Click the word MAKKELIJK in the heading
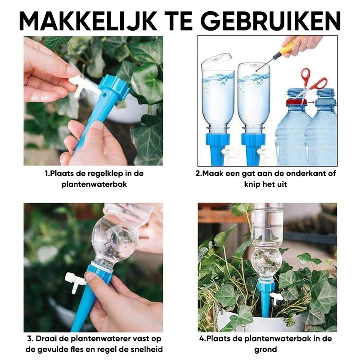88,20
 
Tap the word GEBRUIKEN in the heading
271,20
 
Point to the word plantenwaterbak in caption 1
94,184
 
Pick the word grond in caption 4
265,350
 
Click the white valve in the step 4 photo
276,298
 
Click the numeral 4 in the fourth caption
202,339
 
